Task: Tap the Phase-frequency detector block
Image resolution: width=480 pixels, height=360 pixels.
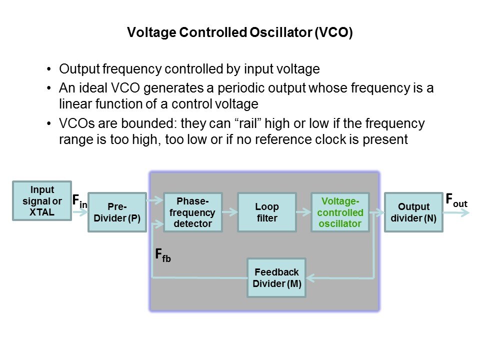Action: tap(192, 212)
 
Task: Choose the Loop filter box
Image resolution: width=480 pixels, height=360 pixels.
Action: tap(266, 212)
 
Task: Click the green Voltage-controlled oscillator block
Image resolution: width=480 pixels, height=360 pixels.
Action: tap(340, 212)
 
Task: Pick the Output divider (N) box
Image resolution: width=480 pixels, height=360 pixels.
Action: tap(413, 212)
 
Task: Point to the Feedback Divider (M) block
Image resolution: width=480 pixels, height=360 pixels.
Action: tap(276, 277)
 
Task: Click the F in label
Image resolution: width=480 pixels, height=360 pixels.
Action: tap(79, 201)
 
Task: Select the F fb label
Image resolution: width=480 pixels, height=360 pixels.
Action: tap(163, 256)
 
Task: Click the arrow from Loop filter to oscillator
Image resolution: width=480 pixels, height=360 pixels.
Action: tap(303, 212)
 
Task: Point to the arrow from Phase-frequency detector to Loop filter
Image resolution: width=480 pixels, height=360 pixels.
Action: tap(230, 212)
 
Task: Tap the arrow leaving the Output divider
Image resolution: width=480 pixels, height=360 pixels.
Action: tap(456, 212)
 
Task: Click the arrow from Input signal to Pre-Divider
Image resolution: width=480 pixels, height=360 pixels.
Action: tap(79, 212)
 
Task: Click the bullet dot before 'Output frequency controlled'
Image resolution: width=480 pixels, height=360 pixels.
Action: tap(48, 69)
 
